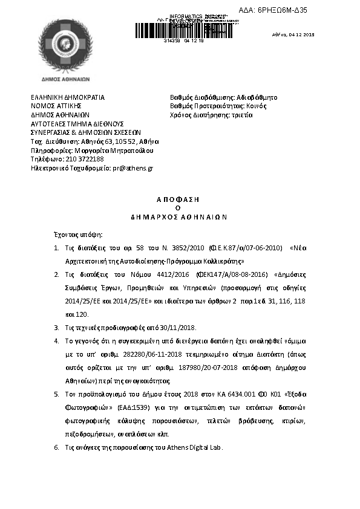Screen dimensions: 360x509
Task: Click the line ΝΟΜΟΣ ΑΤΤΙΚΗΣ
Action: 55,106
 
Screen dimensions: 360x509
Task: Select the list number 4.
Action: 56,357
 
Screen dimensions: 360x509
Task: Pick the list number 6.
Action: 56,447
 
